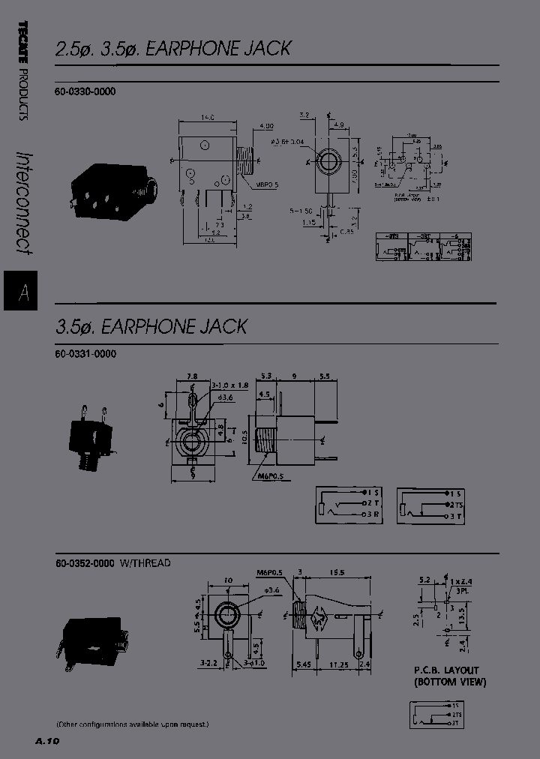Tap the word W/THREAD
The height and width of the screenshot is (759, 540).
[x=145, y=563]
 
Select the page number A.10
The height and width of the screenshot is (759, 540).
[x=46, y=741]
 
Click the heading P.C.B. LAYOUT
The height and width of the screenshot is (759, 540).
[x=446, y=670]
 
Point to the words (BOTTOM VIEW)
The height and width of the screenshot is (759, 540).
[x=450, y=682]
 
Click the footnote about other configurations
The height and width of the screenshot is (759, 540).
[x=132, y=724]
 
